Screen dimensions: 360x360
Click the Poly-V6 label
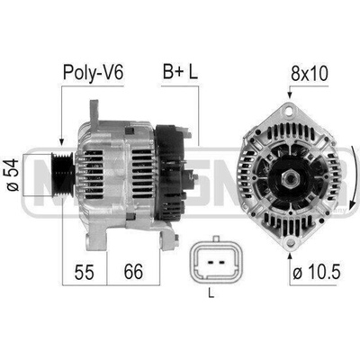click(x=93, y=73)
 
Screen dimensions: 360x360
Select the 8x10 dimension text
click(x=310, y=73)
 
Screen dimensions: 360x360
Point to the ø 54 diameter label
click(x=13, y=175)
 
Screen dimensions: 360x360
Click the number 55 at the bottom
click(x=85, y=272)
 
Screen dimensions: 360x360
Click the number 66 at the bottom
click(x=133, y=271)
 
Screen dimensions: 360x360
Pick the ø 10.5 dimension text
click(x=317, y=273)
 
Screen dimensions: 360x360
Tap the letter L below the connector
click(x=211, y=293)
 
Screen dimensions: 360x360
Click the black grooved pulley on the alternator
click(x=62, y=175)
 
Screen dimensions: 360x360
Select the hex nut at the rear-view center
click(x=290, y=178)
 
